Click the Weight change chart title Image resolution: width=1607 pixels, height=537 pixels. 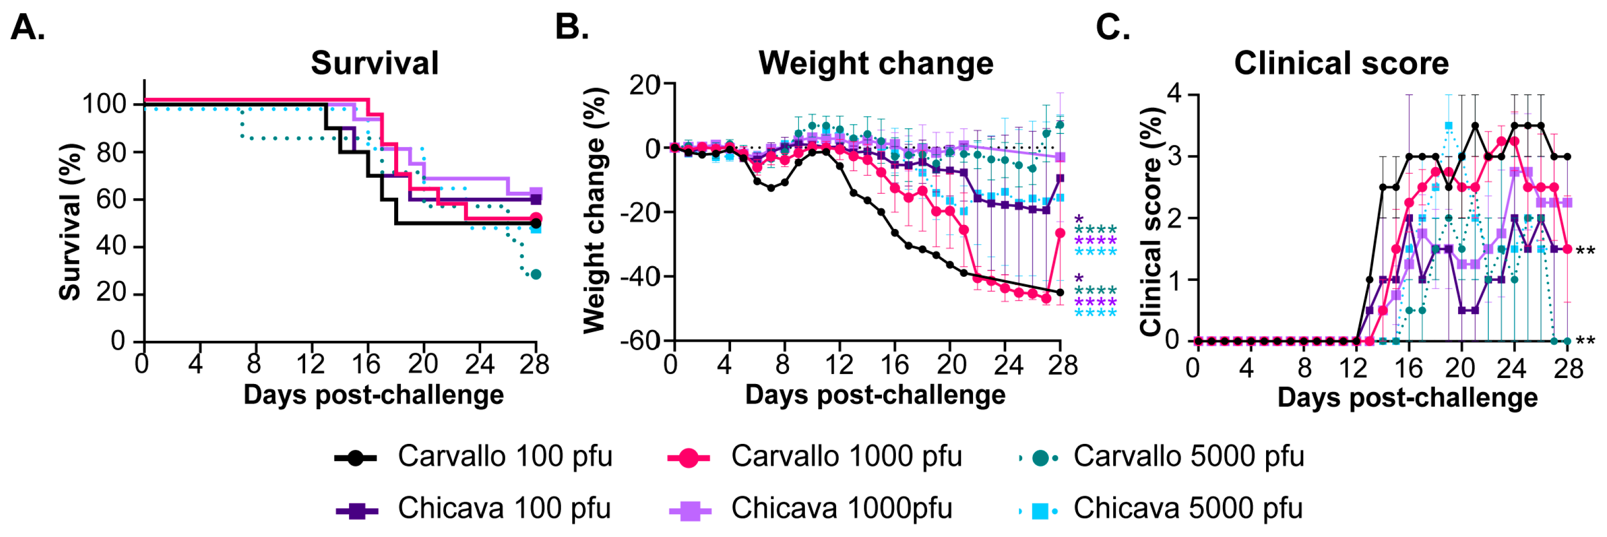pyautogui.click(x=875, y=63)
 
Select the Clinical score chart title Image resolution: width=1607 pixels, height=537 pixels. pyautogui.click(x=1341, y=63)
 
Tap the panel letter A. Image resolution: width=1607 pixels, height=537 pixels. pyautogui.click(x=28, y=28)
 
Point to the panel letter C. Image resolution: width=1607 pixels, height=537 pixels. pyautogui.click(x=1112, y=28)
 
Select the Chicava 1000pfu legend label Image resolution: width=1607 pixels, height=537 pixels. pyautogui.click(x=842, y=508)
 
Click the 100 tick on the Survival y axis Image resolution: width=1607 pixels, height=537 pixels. pyautogui.click(x=104, y=104)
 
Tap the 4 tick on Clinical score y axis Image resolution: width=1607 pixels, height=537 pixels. pyautogui.click(x=1174, y=94)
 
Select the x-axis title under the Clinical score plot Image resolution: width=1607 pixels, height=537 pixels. pyautogui.click(x=1407, y=397)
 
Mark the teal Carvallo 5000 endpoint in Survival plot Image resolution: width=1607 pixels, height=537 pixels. pyautogui.click(x=535, y=274)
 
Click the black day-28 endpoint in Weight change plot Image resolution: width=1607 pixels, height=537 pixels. pyautogui.click(x=1060, y=292)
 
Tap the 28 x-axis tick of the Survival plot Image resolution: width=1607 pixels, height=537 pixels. pyautogui.click(x=534, y=364)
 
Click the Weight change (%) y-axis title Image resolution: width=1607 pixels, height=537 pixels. pyautogui.click(x=594, y=210)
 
